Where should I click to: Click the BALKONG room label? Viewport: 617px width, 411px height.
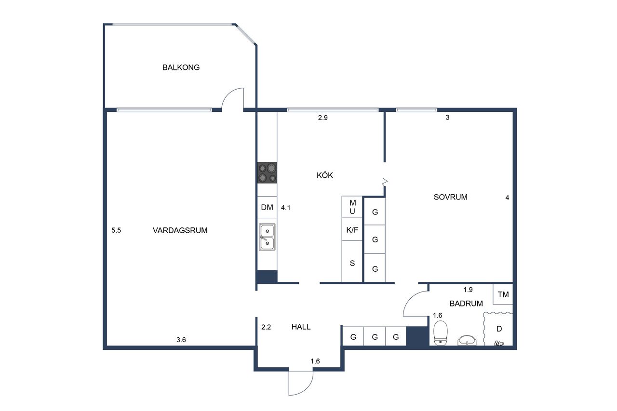coord(181,67)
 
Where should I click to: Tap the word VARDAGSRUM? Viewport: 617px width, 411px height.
coord(180,230)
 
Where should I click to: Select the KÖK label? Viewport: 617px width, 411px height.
coord(325,175)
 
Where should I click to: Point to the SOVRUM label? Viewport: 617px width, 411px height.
coord(450,197)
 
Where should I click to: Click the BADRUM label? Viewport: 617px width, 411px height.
coord(466,304)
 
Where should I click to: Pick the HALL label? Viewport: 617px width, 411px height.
coord(301,327)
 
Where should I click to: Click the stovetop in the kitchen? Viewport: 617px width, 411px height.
coord(267,172)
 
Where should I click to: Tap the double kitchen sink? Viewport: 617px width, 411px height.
coord(267,237)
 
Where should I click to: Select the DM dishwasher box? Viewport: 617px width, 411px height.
coord(267,207)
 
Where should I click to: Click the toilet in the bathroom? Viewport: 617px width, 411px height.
coord(441,333)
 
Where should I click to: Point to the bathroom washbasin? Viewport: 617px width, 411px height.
coord(467,340)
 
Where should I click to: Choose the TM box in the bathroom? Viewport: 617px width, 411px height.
coord(503,294)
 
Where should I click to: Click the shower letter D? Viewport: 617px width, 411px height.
coord(499,329)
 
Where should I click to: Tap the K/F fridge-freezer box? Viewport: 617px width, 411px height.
coord(352,229)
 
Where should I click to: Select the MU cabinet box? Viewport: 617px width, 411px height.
coord(352,207)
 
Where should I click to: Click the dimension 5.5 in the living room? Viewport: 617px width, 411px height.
coord(116,230)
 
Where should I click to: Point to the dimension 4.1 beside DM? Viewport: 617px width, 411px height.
coord(285,208)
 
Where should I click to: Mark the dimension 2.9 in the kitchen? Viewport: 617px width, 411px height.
coord(322,118)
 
